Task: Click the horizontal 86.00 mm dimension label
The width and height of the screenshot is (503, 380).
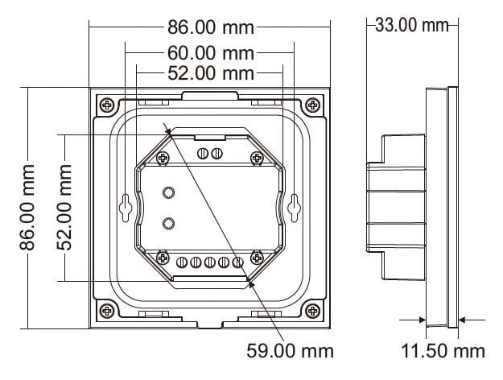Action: coord(211,27)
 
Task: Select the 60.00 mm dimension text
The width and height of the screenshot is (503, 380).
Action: coord(211,53)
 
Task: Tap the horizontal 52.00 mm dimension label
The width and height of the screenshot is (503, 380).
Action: coord(211,73)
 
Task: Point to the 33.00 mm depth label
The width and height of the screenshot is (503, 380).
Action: coord(411,25)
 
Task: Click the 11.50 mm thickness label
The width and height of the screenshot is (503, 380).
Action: coord(443,351)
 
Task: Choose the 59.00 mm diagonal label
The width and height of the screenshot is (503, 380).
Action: coord(290,351)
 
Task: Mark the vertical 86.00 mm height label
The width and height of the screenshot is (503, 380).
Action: coord(27,208)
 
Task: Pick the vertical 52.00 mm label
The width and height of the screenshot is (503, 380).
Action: coord(64,208)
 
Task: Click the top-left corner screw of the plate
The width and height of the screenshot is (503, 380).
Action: coord(107,105)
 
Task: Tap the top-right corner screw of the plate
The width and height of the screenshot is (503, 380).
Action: coord(312,105)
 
